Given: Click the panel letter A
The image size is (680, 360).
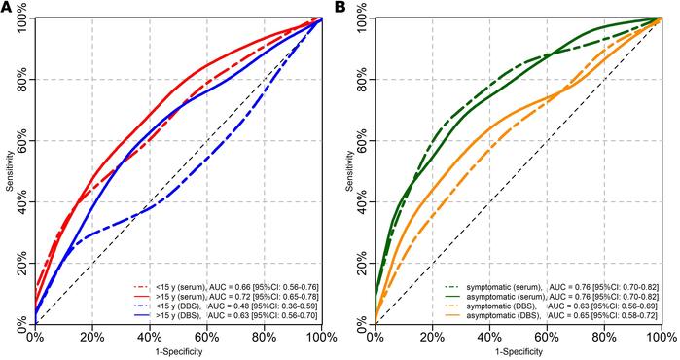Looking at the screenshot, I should (x=7, y=8).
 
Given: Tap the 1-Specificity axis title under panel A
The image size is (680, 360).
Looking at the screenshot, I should (x=178, y=351).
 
